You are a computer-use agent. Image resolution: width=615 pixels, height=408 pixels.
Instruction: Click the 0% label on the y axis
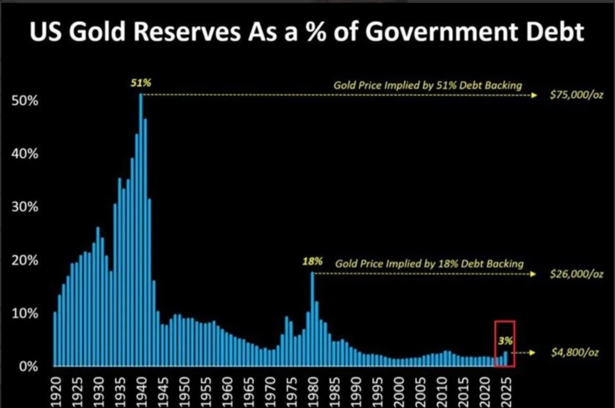(28, 366)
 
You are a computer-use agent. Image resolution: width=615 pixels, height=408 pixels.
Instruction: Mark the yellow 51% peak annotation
(140, 84)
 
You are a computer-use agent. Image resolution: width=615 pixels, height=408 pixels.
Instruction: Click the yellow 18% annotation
(312, 262)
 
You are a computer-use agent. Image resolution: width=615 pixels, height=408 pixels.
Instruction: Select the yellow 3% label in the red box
(505, 341)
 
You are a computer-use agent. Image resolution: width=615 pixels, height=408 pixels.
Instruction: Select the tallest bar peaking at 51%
(141, 226)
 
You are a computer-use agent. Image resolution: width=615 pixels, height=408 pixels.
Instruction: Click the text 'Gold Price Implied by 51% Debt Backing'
(427, 85)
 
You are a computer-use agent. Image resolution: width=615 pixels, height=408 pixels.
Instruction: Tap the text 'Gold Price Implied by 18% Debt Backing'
(429, 264)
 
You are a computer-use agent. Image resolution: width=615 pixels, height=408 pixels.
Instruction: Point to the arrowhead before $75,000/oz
(535, 95)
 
